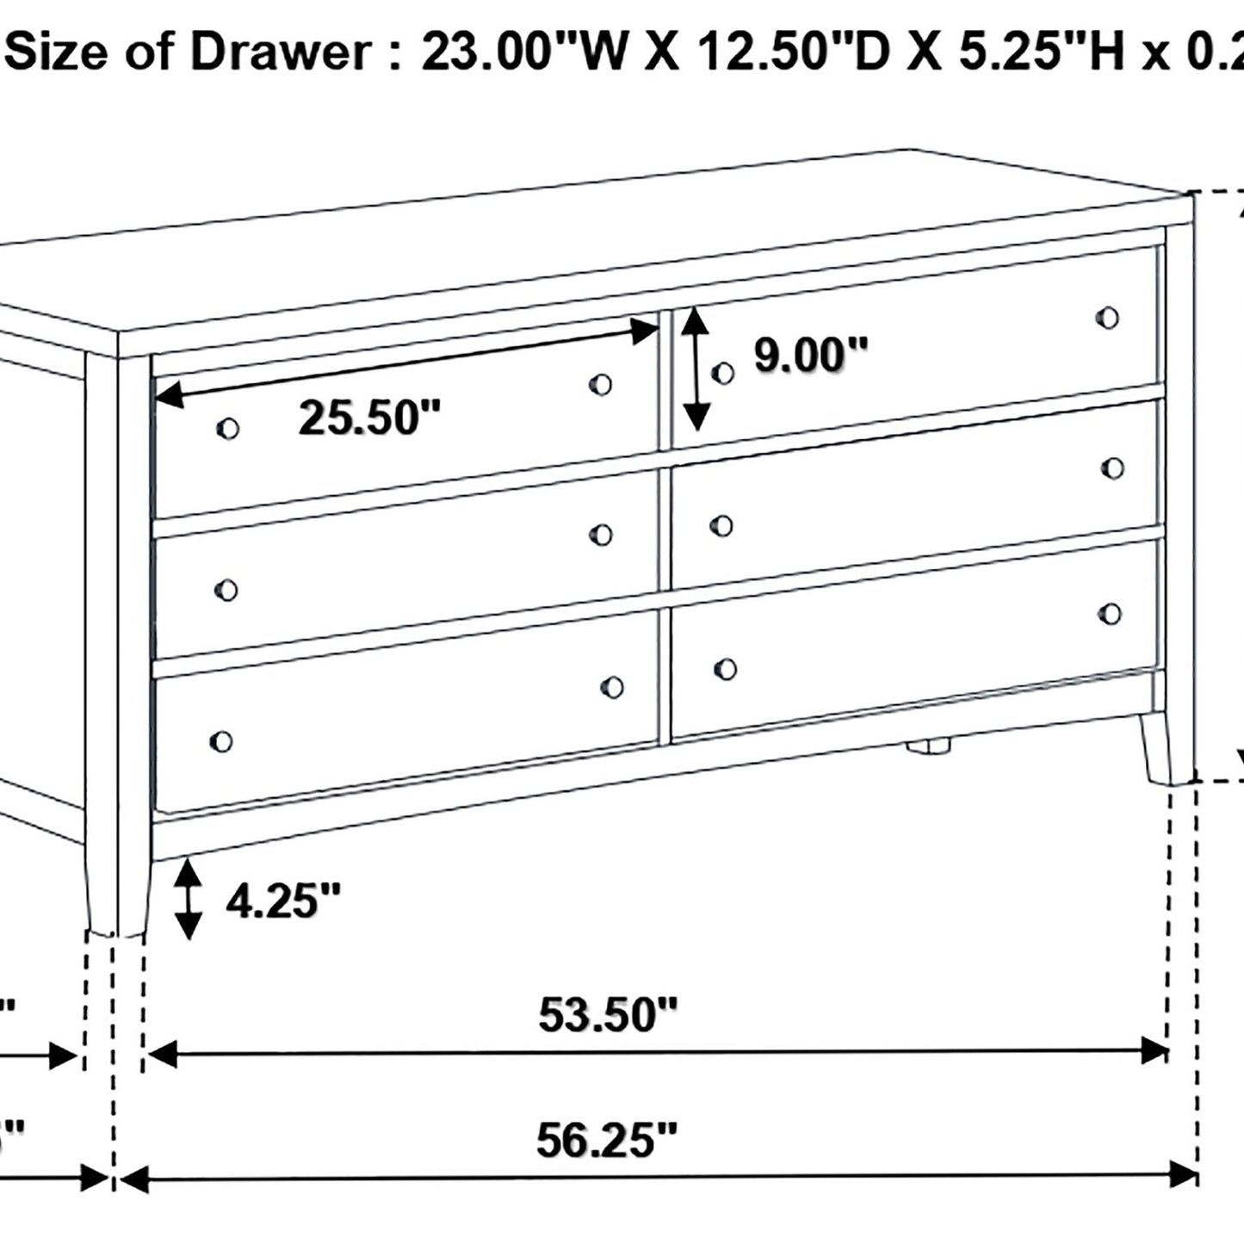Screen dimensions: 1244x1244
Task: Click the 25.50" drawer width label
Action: (x=369, y=418)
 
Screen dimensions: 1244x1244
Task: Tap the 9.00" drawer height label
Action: (x=811, y=355)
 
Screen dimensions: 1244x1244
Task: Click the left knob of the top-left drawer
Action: (x=228, y=428)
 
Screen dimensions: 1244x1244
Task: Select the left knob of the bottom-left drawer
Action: (x=221, y=741)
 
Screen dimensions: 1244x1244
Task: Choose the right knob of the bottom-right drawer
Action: (x=1111, y=613)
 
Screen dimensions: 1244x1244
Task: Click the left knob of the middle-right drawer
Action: (x=721, y=525)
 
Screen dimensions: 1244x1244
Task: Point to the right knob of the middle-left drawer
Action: (x=601, y=535)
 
